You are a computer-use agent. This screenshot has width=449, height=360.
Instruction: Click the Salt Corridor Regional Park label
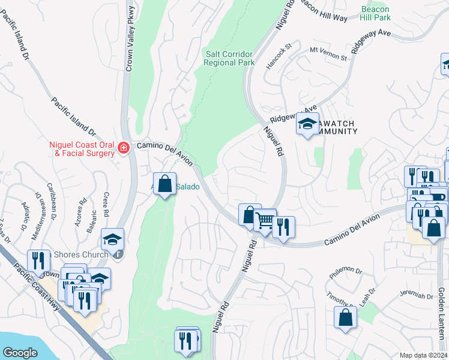[x=229, y=58]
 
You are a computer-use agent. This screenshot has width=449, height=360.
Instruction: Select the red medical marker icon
[x=124, y=147]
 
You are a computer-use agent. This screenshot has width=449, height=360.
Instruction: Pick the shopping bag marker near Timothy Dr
[x=346, y=316]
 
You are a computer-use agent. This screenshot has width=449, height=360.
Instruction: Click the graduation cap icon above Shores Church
[x=112, y=239]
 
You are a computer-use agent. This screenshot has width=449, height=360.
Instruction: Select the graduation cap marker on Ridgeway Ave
[x=307, y=124]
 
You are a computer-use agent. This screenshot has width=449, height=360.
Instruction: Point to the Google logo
[x=20, y=353]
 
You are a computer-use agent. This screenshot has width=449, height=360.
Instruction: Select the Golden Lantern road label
[x=442, y=313]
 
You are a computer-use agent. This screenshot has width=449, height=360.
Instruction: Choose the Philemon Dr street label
[x=346, y=273]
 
